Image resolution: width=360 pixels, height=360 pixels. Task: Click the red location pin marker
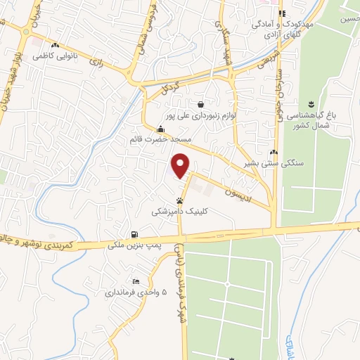(181, 165)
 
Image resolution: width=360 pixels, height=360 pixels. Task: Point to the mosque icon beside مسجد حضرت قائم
(161, 129)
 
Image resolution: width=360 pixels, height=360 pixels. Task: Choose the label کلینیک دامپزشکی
(179, 210)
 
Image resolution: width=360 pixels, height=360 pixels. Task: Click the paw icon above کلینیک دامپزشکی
(179, 200)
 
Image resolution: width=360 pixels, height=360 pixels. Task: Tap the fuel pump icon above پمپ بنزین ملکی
(134, 235)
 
